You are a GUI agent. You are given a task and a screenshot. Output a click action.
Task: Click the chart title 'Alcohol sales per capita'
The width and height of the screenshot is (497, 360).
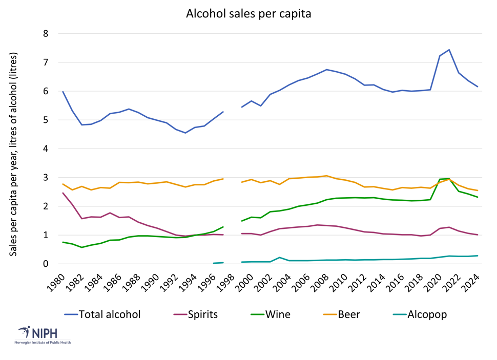click(x=248, y=14)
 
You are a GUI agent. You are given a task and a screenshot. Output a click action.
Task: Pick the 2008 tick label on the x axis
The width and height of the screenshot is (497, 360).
click(x=318, y=283)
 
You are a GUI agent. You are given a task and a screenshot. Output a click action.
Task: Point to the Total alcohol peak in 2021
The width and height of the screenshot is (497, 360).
click(x=449, y=50)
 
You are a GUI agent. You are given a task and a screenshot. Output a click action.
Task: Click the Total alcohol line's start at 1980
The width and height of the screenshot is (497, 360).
click(x=63, y=92)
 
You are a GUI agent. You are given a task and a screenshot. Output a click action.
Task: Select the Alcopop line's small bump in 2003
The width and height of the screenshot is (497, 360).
click(x=279, y=258)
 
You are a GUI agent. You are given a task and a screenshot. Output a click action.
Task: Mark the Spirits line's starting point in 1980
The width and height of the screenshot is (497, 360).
click(x=63, y=193)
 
